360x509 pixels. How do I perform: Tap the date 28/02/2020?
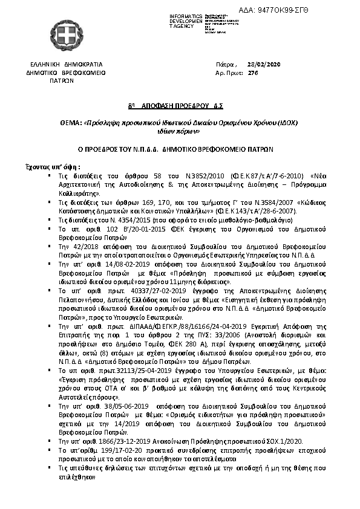coord(264,65)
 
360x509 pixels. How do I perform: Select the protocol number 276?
coord(254,72)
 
